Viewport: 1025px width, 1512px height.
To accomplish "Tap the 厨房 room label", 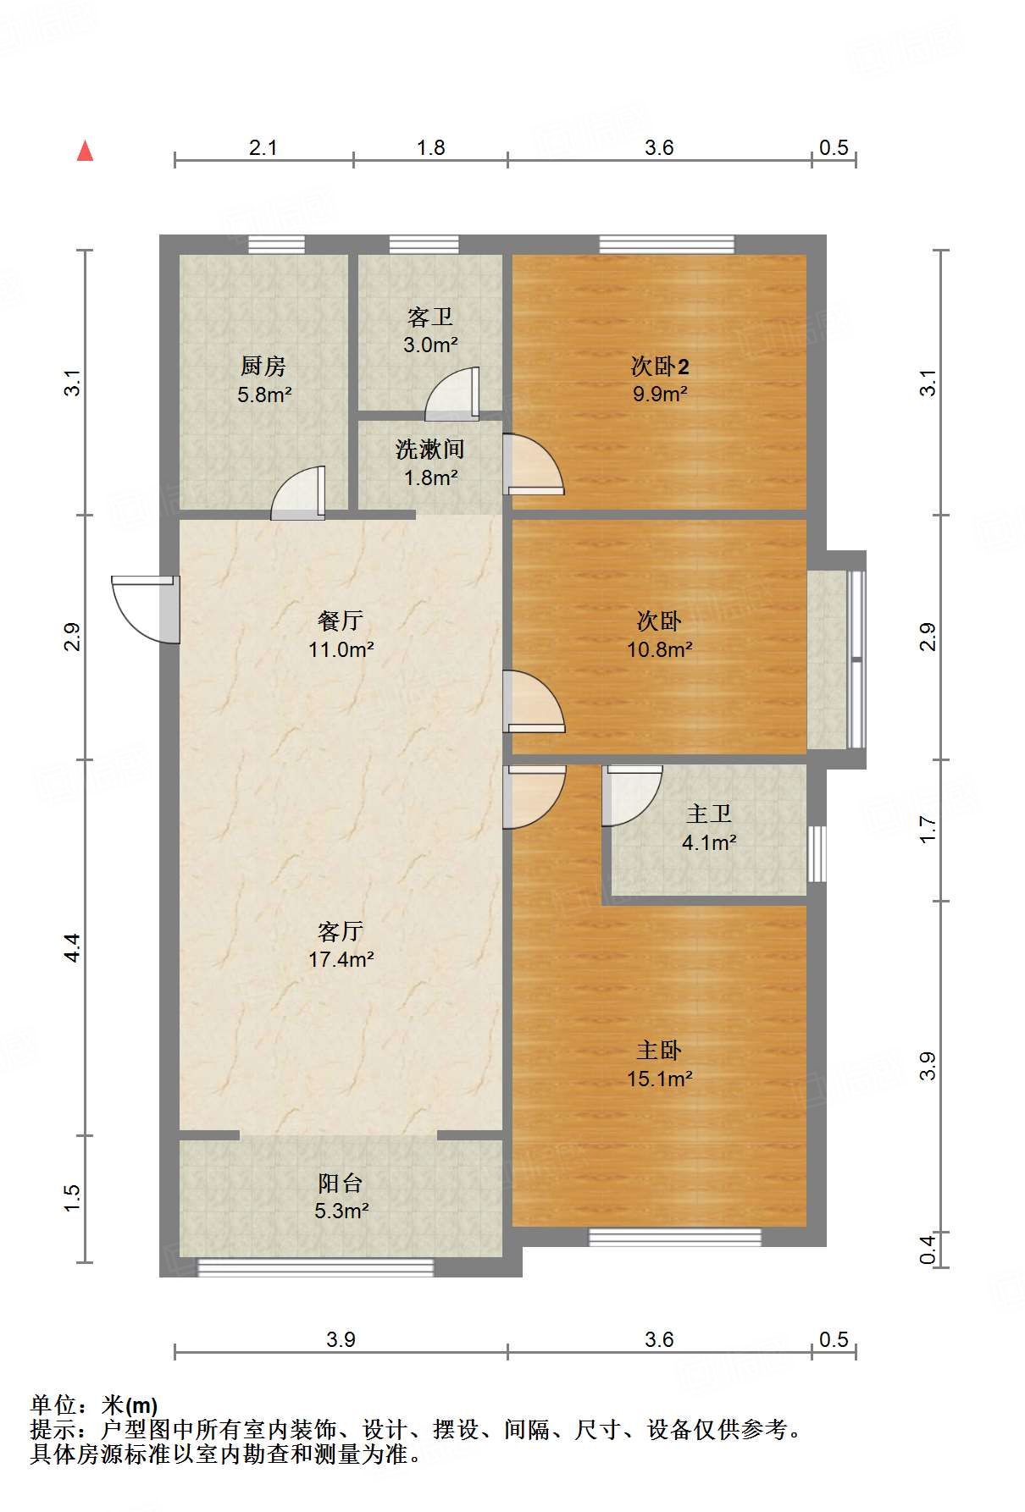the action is tap(263, 366).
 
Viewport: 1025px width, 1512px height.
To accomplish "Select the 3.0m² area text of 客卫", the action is tap(430, 345).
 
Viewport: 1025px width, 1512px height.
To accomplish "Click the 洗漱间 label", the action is tap(430, 449).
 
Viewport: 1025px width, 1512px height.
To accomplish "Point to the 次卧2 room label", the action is tap(660, 366).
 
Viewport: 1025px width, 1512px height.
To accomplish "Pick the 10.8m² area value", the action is tap(660, 649).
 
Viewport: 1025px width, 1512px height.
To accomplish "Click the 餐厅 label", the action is tap(341, 621).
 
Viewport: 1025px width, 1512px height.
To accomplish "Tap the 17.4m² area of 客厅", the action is tap(341, 959).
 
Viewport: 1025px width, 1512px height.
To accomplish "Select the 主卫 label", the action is tap(709, 814).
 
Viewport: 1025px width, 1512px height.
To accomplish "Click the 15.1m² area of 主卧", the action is tap(660, 1079).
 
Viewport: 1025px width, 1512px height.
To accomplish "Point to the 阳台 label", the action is tap(341, 1183).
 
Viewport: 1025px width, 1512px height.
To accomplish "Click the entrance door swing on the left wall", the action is tap(146, 609).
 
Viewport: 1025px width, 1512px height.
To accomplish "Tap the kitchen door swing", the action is tap(297, 493).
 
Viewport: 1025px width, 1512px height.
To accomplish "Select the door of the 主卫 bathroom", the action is tap(631, 796).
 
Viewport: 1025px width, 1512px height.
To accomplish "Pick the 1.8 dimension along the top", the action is tap(430, 147).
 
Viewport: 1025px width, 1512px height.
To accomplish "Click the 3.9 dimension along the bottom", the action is tap(341, 1339).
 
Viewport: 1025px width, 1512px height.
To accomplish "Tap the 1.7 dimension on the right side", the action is tap(928, 830).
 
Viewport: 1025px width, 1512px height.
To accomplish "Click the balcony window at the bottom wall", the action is tap(315, 1267).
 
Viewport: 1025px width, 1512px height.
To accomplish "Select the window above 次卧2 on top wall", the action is tap(667, 244).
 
